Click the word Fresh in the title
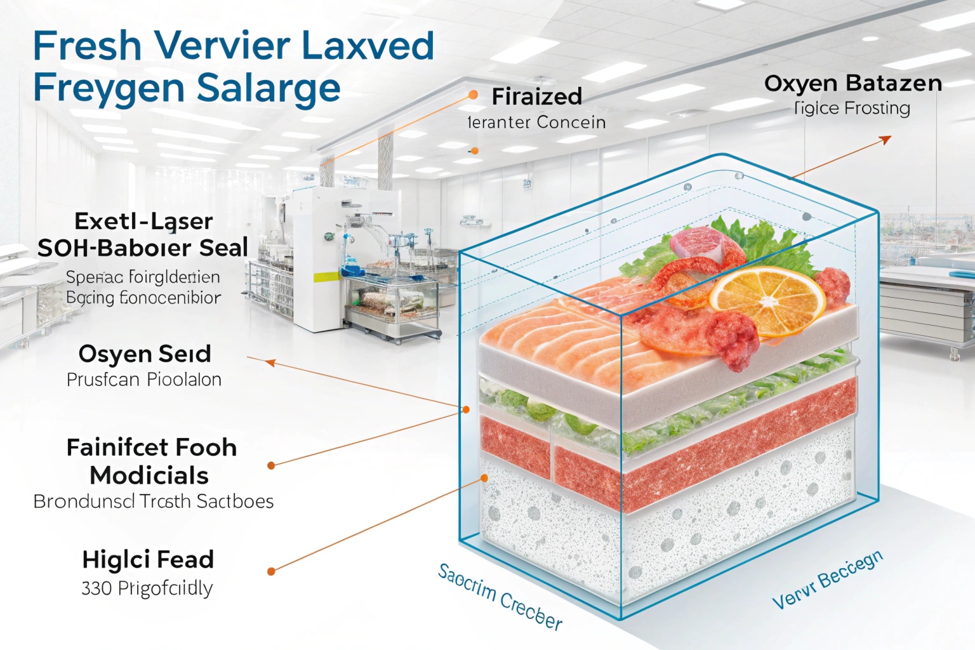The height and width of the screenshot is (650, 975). [x=87, y=46]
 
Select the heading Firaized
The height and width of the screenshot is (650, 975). [x=536, y=96]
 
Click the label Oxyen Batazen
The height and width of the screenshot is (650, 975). [x=852, y=83]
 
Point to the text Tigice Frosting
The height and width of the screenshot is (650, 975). [x=852, y=109]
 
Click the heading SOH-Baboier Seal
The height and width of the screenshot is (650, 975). [x=143, y=248]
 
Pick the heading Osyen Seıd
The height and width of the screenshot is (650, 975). [x=145, y=354]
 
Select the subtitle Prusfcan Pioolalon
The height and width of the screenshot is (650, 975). [x=144, y=380]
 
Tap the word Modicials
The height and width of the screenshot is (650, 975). [x=149, y=475]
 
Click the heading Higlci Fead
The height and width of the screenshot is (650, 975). [x=148, y=560]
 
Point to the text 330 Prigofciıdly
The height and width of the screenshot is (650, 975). [x=147, y=588]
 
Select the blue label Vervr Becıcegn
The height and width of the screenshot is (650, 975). [x=827, y=580]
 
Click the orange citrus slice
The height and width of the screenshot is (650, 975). [x=767, y=300]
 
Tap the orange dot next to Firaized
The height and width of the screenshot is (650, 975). [x=473, y=95]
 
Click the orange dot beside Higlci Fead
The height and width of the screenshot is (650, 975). [x=271, y=571]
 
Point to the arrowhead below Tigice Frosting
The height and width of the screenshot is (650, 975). [x=885, y=140]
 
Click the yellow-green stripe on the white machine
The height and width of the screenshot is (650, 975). [x=326, y=277]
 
